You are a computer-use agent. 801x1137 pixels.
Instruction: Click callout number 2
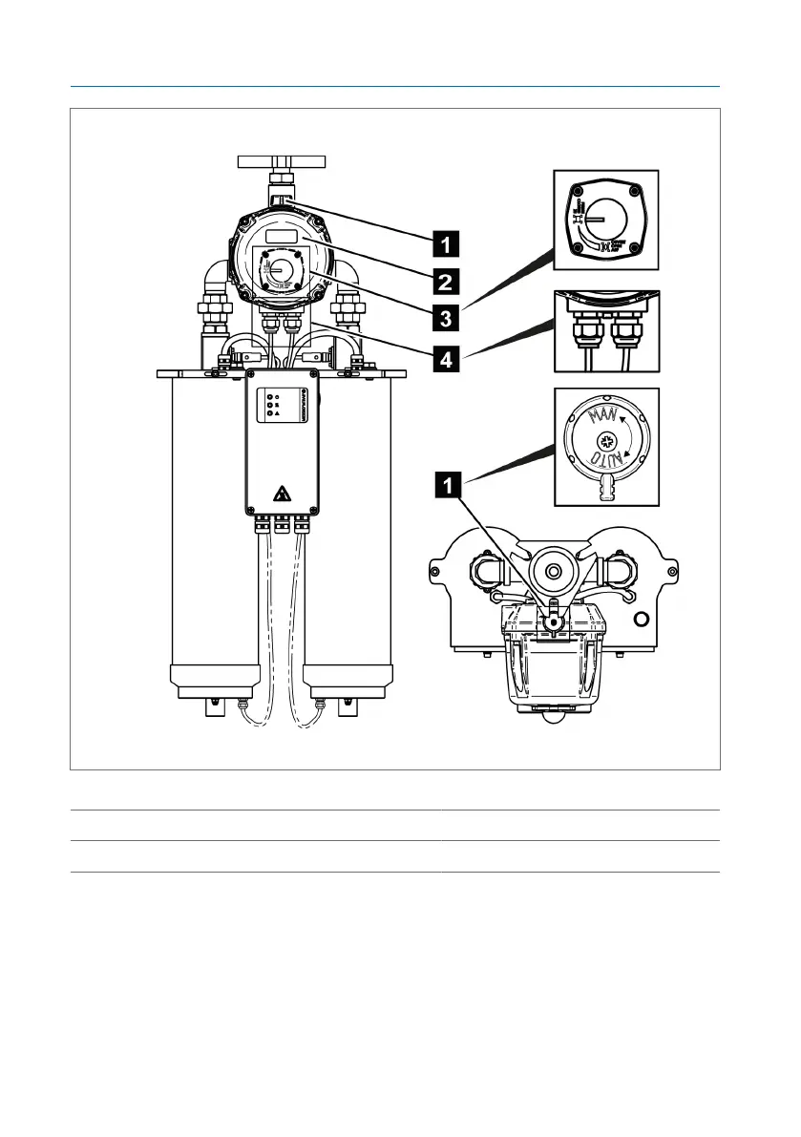tap(444, 282)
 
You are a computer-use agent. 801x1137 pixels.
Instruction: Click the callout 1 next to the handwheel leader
tap(444, 242)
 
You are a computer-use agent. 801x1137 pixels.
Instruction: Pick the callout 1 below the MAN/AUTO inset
tap(444, 487)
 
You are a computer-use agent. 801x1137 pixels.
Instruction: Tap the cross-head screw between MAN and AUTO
tap(604, 442)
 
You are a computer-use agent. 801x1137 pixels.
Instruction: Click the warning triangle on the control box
tap(283, 494)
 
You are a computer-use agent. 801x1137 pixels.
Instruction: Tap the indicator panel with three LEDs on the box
tap(274, 405)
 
